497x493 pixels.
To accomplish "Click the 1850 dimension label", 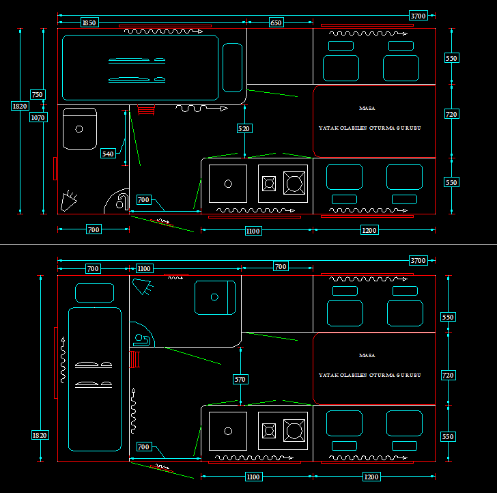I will click(89, 23).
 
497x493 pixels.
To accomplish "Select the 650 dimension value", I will click(276, 23).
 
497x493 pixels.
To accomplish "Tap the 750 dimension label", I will click(38, 95).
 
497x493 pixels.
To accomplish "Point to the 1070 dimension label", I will click(38, 117).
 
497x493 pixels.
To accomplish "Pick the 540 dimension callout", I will click(108, 154).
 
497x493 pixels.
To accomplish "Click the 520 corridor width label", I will click(244, 128).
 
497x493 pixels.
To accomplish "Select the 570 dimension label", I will click(240, 379).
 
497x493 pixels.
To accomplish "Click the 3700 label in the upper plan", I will click(418, 16).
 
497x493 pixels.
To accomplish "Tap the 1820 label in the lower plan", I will click(40, 435).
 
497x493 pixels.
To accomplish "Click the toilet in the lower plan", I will click(143, 339).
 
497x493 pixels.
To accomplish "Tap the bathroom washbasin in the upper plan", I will click(79, 128).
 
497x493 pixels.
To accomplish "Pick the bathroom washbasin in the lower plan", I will click(214, 297).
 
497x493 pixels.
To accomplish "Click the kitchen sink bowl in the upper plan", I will click(228, 183).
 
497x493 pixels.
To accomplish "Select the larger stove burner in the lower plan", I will click(295, 430).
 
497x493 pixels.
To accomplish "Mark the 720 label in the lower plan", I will click(449, 376).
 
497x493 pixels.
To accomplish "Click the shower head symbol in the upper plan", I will click(68, 201).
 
